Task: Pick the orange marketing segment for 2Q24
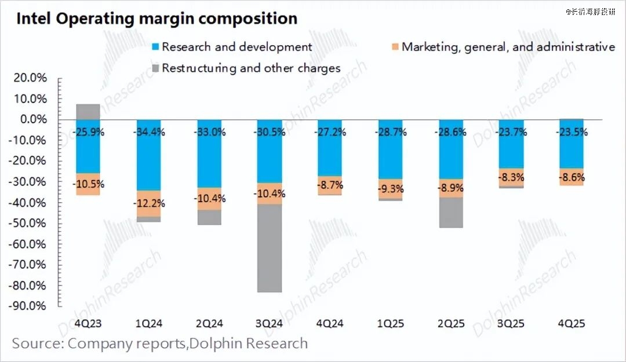coord(209,199)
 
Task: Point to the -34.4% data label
coord(148,132)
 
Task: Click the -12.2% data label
coord(149,203)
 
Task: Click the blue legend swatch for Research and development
coord(154,47)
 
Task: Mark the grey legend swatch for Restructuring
coord(154,68)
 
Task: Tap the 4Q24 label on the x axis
coord(330,323)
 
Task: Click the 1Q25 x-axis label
coord(390,323)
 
